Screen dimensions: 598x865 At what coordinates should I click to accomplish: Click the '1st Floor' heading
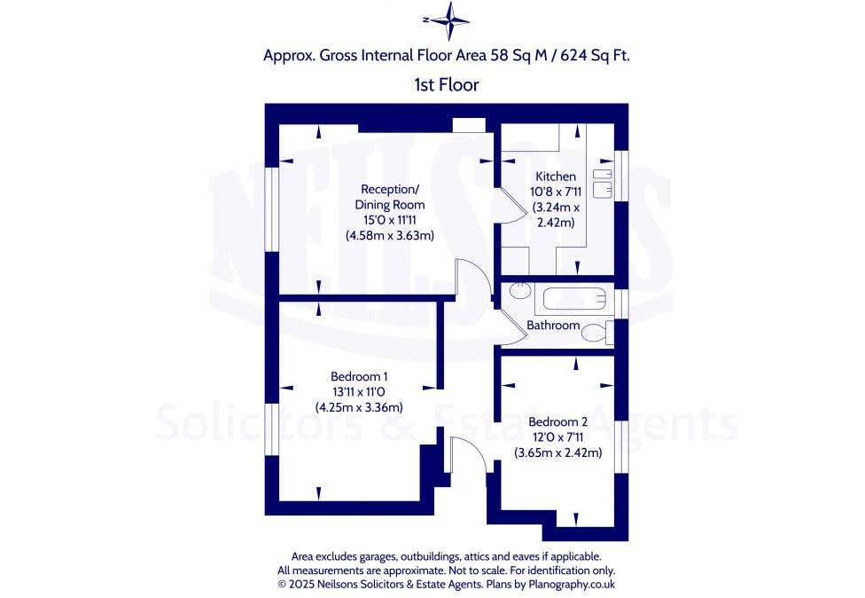[447, 85]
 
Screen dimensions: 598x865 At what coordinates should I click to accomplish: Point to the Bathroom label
[553, 326]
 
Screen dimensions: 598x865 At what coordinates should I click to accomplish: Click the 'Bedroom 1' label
[359, 376]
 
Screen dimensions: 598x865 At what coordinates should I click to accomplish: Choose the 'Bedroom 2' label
[558, 422]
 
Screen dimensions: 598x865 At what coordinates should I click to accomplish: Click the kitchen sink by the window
[604, 181]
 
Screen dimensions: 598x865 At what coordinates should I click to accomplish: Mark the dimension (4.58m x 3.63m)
[389, 236]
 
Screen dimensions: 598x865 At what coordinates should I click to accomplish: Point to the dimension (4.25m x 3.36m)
[359, 407]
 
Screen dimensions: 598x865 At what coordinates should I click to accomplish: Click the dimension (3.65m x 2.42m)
[558, 452]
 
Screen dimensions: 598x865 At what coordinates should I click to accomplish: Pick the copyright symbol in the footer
[283, 585]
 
